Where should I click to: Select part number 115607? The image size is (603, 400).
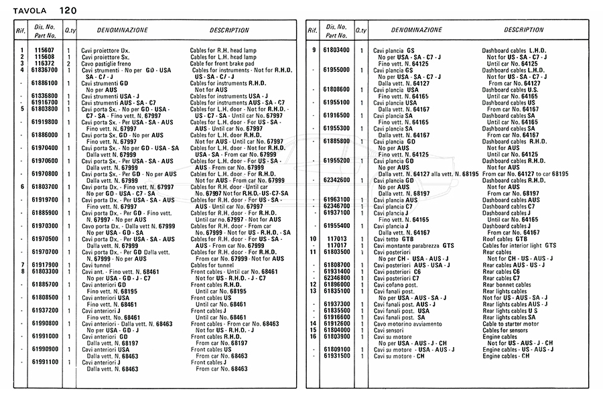click(x=44, y=50)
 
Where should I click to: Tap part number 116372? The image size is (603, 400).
click(x=44, y=63)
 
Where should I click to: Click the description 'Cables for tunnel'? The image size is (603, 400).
click(x=214, y=265)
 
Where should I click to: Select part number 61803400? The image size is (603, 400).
click(x=336, y=50)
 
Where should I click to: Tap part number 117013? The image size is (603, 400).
click(x=336, y=239)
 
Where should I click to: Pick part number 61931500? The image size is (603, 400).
click(x=336, y=355)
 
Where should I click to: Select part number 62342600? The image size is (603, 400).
click(x=336, y=180)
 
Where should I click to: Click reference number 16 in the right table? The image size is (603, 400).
click(x=313, y=336)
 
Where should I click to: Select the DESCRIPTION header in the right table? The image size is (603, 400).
click(x=524, y=30)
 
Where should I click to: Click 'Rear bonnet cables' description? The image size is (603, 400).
click(x=506, y=284)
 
